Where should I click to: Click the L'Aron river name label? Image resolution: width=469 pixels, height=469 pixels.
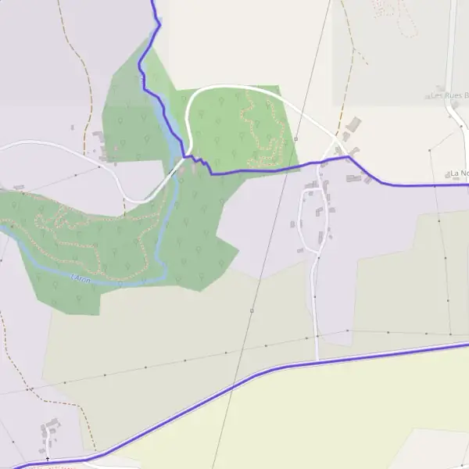click(81, 277)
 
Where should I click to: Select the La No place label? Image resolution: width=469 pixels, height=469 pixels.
click(458, 173)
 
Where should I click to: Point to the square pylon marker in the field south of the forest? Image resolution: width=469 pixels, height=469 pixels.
click(252, 310)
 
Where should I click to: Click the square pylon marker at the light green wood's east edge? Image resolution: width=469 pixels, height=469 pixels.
click(296, 138)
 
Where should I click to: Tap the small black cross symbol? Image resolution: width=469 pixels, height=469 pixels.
click(47, 459)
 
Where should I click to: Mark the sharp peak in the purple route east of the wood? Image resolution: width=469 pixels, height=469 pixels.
click(349, 157)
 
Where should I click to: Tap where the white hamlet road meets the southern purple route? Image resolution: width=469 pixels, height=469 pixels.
click(317, 360)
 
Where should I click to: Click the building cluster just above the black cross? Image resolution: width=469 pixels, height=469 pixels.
click(51, 428)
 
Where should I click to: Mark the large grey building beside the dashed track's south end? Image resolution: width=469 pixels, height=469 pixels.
click(353, 124)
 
